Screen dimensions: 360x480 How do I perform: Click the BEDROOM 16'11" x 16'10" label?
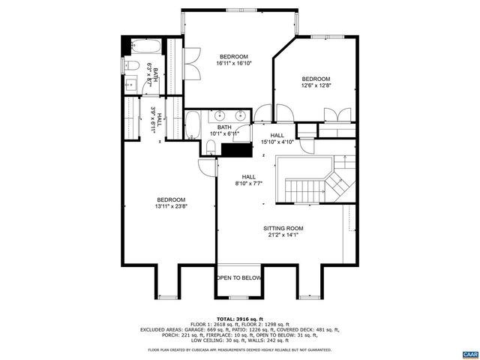(x=235, y=60)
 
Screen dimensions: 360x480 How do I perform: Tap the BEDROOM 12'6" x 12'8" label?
(x=316, y=83)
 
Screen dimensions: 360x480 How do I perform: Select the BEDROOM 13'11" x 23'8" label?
(x=170, y=202)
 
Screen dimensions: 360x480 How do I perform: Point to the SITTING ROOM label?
(x=283, y=232)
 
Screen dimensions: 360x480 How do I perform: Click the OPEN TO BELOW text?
(x=239, y=277)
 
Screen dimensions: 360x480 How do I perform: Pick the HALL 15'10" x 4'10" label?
(x=277, y=137)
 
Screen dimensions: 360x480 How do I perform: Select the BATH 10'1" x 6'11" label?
(x=224, y=130)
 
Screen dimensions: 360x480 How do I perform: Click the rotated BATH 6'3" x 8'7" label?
(x=152, y=75)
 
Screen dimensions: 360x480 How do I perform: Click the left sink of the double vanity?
(x=220, y=115)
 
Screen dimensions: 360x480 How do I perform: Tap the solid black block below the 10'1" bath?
(x=240, y=148)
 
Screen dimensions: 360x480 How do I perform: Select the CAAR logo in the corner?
(x=470, y=353)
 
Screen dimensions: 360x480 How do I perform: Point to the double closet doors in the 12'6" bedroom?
(x=338, y=115)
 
